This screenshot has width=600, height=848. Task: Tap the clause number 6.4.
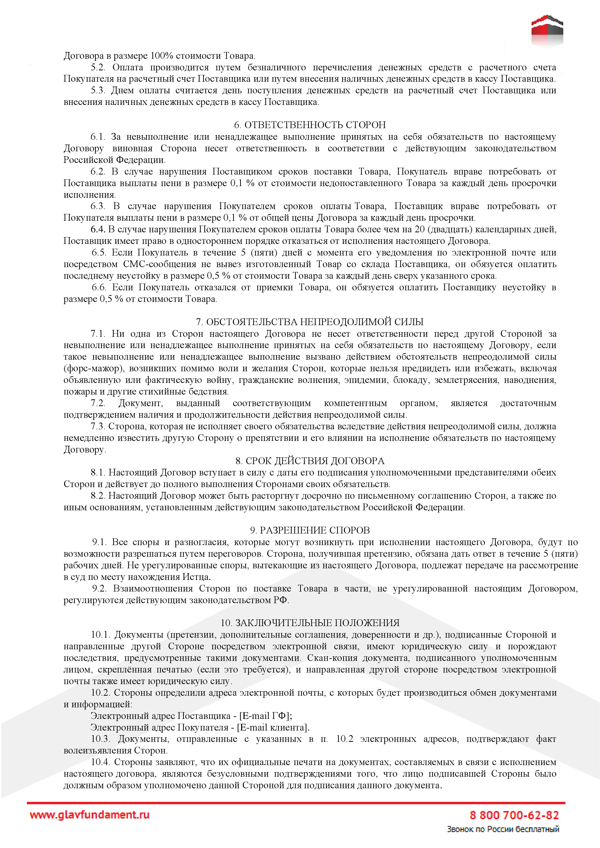click(x=98, y=229)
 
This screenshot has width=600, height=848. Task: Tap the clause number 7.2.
click(x=98, y=403)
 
